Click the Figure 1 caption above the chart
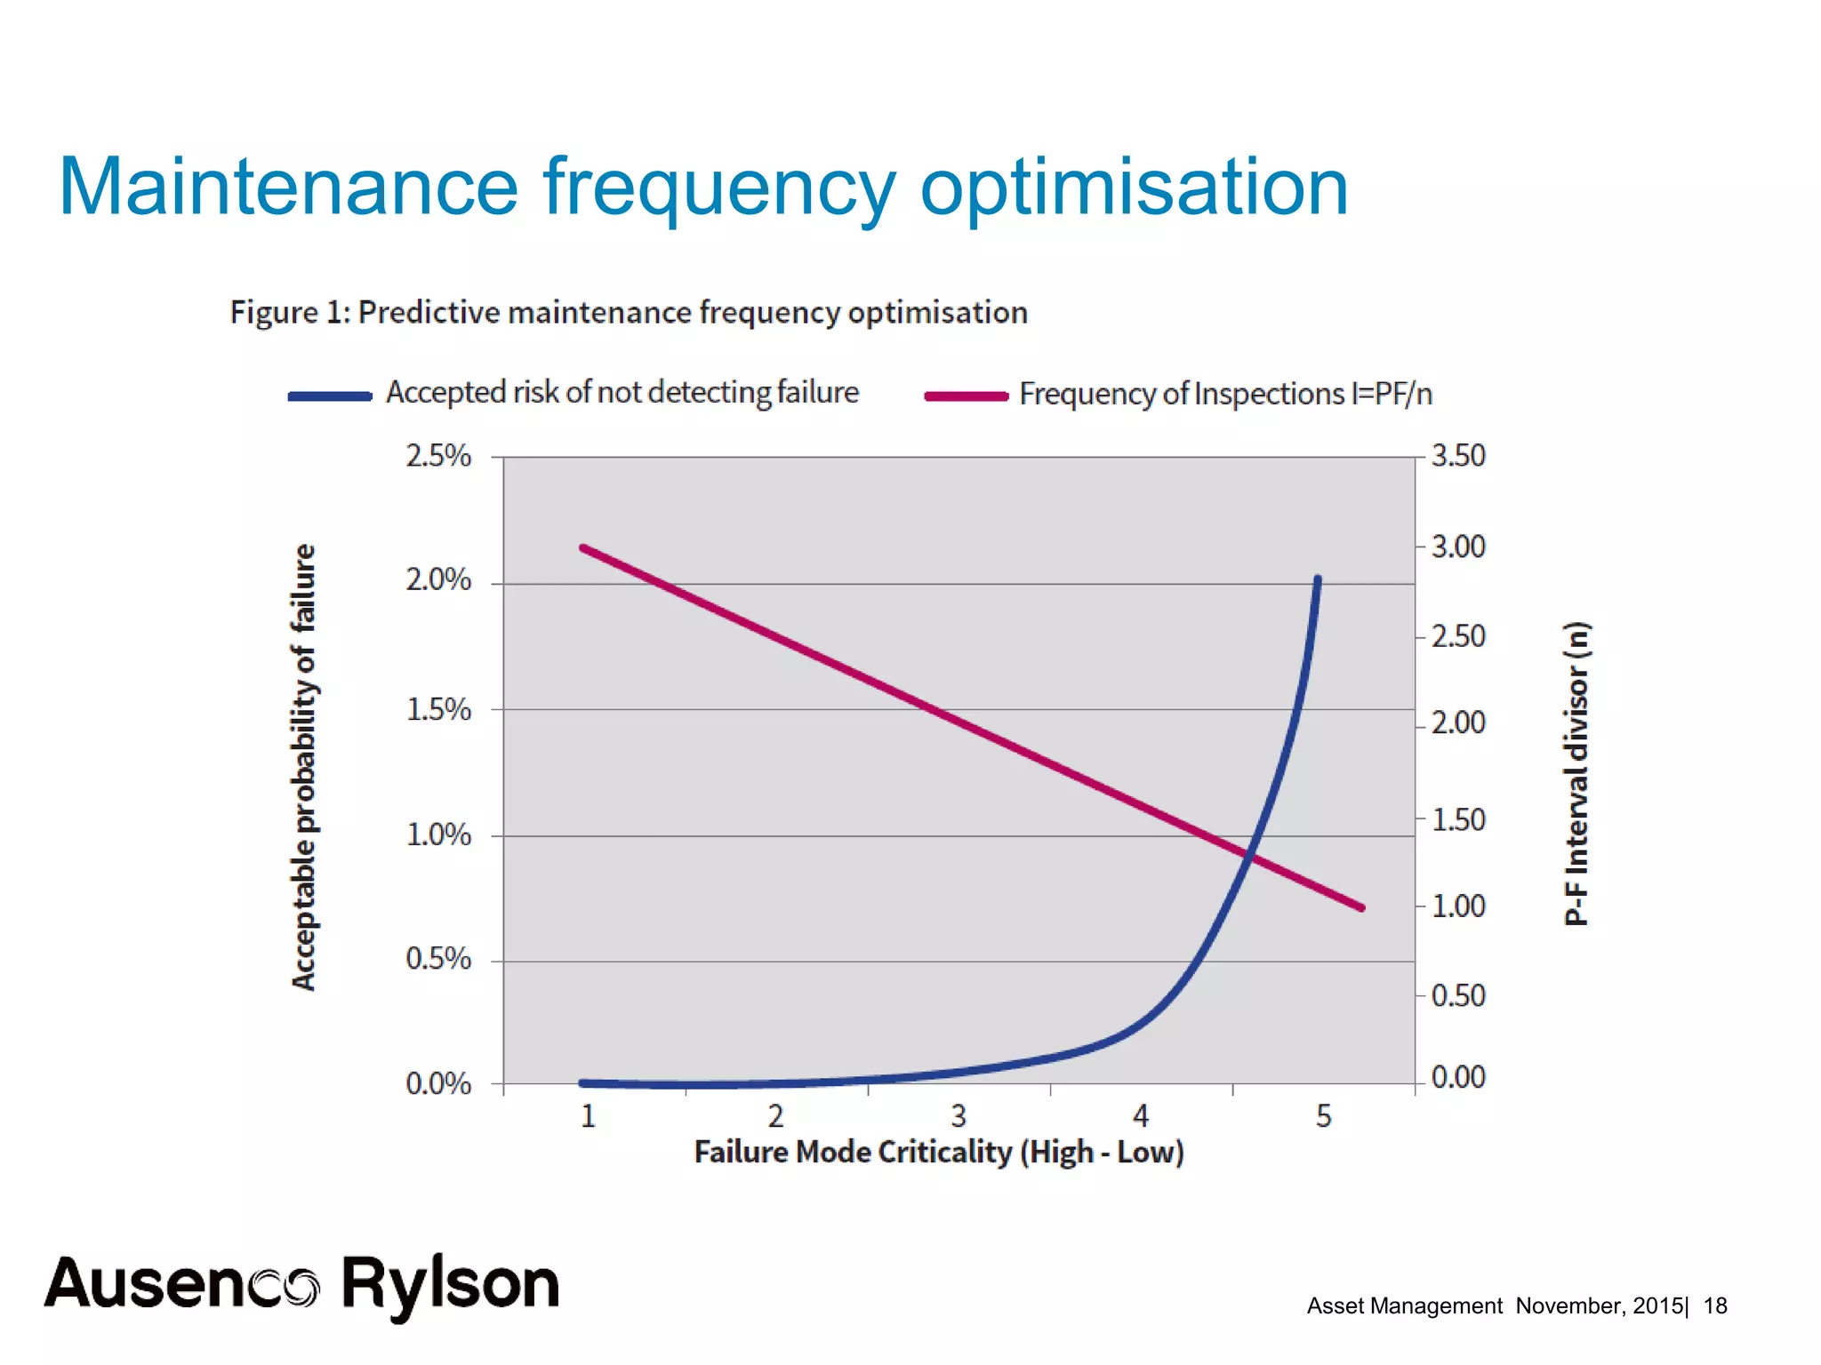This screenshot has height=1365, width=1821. click(628, 313)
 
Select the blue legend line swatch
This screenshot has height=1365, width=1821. click(330, 396)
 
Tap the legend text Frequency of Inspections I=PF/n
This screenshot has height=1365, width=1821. click(1225, 394)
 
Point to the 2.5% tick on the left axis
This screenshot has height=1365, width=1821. click(438, 456)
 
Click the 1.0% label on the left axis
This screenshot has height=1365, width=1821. click(438, 834)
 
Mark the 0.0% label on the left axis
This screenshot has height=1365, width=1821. click(438, 1083)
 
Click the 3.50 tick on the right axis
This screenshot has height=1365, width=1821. click(1458, 456)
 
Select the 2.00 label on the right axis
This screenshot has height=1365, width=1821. click(1458, 722)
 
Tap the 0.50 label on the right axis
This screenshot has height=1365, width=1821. click(1458, 995)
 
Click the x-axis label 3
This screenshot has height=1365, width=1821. click(959, 1116)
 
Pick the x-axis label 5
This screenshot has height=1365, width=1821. click(1323, 1116)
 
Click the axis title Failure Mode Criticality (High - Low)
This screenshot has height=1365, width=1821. click(939, 1153)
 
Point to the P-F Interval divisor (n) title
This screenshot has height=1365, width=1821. click(1576, 773)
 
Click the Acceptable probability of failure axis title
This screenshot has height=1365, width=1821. click(304, 766)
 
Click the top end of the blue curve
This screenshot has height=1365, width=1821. click(1318, 579)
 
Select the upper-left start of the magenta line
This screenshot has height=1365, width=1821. click(583, 548)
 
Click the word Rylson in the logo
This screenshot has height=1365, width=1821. click(450, 1285)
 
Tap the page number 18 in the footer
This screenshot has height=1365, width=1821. click(1714, 1305)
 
